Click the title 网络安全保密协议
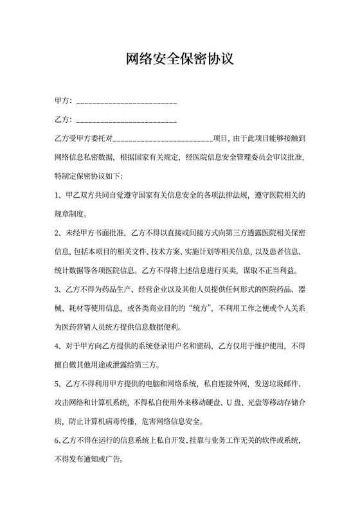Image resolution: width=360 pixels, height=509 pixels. pyautogui.click(x=179, y=60)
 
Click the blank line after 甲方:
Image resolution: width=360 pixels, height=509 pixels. pyautogui.click(x=127, y=103)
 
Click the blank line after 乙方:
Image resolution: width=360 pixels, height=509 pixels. pyautogui.click(x=127, y=120)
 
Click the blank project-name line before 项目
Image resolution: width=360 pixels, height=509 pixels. pyautogui.click(x=163, y=139)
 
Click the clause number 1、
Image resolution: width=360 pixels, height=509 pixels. pyautogui.click(x=59, y=193)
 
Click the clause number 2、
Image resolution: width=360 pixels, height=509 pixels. pyautogui.click(x=59, y=231)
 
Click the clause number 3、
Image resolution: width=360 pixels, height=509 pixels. pyautogui.click(x=59, y=287)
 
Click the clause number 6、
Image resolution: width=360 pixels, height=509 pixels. pyautogui.click(x=59, y=442)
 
